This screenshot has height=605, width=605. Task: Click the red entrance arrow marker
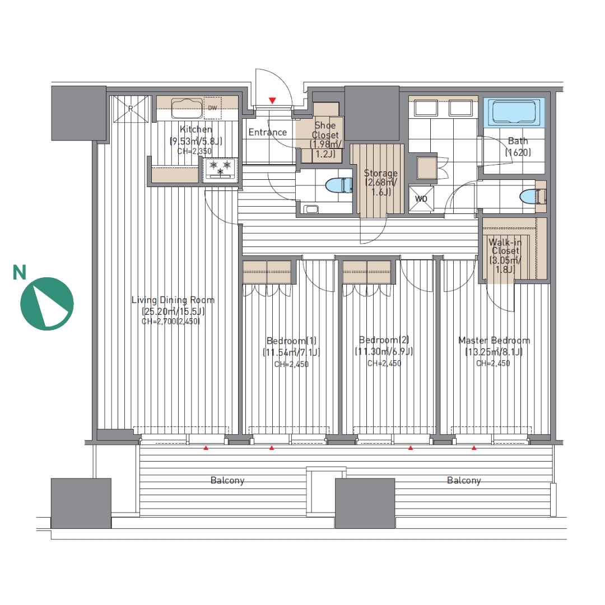click(272, 101)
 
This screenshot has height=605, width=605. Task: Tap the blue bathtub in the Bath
click(514, 112)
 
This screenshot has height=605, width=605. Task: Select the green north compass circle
click(47, 304)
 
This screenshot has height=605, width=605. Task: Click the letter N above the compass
click(19, 272)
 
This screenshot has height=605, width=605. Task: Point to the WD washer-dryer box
click(421, 199)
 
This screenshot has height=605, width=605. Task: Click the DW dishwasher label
click(213, 108)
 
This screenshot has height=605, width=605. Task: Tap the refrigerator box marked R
click(131, 109)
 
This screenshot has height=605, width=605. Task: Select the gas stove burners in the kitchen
click(220, 169)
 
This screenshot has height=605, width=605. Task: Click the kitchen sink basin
click(187, 108)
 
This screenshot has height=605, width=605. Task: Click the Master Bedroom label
click(494, 341)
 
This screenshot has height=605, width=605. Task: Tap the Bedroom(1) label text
click(291, 341)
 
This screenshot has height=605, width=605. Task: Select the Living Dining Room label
click(173, 300)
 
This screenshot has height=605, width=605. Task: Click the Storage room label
click(380, 173)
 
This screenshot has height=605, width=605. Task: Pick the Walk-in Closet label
click(505, 246)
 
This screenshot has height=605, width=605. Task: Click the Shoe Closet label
click(325, 130)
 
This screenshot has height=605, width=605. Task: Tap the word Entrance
click(268, 132)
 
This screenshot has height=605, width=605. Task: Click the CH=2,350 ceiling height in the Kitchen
click(194, 151)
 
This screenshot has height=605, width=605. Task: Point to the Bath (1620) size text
click(518, 152)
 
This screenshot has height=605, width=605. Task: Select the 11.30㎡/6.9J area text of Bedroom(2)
click(384, 351)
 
